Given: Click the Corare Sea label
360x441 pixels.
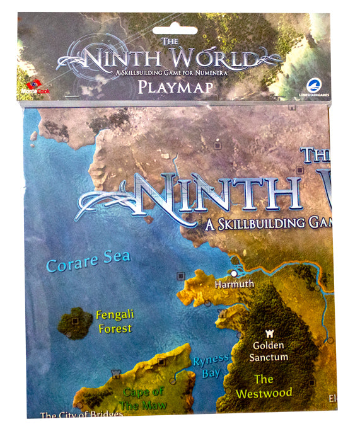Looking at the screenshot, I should point(88,260).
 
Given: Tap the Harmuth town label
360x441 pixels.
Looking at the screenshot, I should point(234,284).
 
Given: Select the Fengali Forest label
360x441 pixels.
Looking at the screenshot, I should point(114,321).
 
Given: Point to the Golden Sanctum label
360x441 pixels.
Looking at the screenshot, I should point(269,351).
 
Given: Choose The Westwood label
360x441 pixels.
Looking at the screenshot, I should point(264,386).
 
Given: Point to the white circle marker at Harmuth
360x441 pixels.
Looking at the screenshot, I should point(234,273).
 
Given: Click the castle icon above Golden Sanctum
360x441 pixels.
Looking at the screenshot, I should point(267,333).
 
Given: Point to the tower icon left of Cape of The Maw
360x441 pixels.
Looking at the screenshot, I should point(115,374).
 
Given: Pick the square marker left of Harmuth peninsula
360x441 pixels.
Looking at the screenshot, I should point(181,275).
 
